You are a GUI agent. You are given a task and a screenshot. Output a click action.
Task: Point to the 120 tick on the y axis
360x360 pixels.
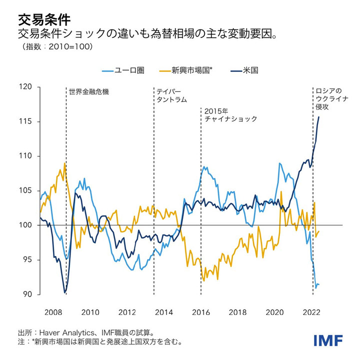[x=25, y=87]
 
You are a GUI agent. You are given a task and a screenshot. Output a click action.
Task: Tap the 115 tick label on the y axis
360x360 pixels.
[x=25, y=121]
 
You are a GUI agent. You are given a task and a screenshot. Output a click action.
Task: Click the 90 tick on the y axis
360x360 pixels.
[x=27, y=294]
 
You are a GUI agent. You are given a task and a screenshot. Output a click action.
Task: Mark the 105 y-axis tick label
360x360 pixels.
[x=25, y=190]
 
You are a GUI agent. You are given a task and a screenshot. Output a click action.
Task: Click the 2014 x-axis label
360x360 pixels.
[x=164, y=312]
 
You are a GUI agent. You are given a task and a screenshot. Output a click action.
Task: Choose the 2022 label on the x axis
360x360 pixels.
[x=311, y=312]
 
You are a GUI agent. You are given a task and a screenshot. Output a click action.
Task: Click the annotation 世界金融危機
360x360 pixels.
[x=88, y=92]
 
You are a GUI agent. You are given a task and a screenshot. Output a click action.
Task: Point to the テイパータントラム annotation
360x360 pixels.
[x=171, y=95]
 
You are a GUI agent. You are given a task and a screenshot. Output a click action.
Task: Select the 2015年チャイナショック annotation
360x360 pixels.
[x=230, y=115]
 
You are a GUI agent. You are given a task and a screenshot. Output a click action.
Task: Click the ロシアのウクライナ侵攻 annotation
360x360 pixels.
[x=328, y=99]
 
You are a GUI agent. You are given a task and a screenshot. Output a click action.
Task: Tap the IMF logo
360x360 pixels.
[x=328, y=340]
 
